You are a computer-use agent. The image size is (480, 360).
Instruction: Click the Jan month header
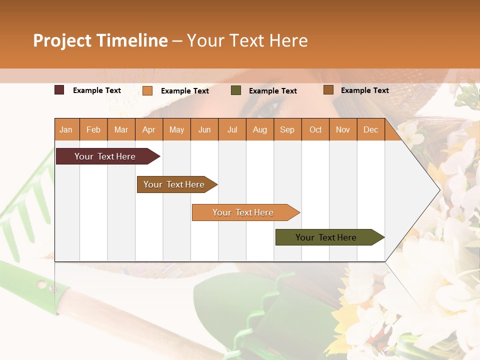tap(66, 129)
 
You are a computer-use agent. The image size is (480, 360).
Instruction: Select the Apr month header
tap(148, 129)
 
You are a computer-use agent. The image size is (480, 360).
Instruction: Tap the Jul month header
tap(232, 129)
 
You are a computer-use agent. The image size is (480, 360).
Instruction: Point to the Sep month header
tap(287, 129)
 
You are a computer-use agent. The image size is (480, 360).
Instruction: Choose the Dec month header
tap(370, 129)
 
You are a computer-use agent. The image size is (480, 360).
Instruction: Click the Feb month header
tap(93, 129)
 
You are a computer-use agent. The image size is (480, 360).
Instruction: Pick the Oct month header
tap(315, 129)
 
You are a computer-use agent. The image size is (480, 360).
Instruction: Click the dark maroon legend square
tap(59, 90)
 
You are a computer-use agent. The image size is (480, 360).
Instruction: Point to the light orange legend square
tap(147, 90)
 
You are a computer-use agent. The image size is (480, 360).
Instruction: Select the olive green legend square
tap(236, 90)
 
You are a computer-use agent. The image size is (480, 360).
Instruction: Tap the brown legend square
tap(328, 90)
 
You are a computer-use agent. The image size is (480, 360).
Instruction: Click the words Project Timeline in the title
tap(100, 40)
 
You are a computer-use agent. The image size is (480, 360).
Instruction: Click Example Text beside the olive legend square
tap(272, 91)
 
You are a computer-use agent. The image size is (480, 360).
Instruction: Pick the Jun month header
tap(204, 129)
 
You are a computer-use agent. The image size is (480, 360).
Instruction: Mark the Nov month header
tap(343, 129)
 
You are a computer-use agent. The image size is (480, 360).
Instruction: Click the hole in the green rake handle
tap(41, 284)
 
